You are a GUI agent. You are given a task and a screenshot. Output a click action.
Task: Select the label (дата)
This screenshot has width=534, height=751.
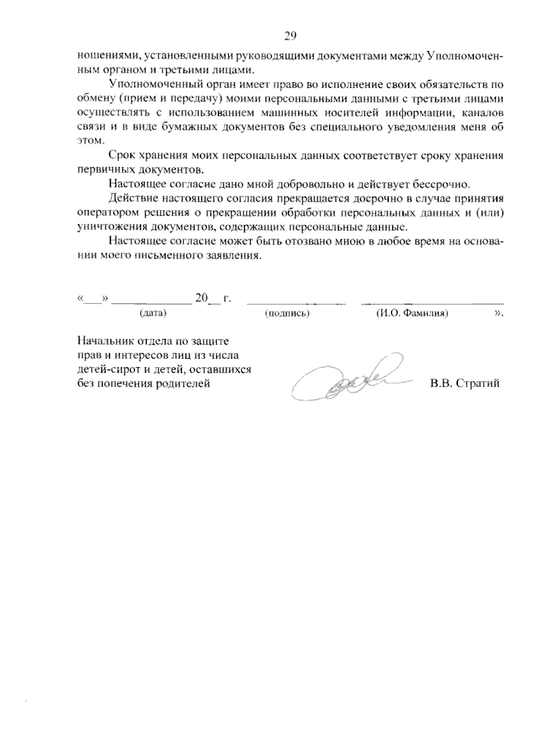153,313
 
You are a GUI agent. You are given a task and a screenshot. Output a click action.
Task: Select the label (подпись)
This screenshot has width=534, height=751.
287,313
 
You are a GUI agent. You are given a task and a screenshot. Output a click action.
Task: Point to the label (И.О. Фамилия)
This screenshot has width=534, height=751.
412,313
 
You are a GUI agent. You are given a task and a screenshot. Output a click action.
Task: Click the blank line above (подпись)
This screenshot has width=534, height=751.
296,303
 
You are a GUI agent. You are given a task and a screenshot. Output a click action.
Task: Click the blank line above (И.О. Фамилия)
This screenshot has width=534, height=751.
432,303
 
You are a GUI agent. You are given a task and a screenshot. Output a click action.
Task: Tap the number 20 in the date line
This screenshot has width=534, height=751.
201,298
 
